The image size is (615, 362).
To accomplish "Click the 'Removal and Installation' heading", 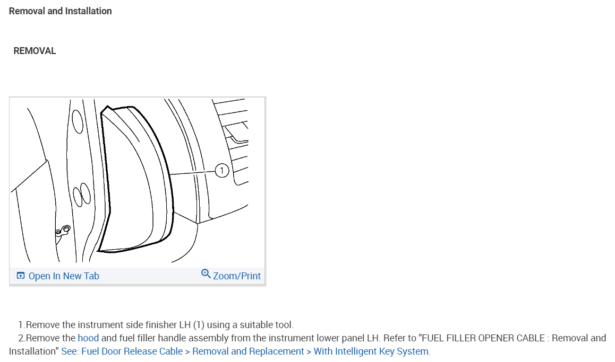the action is tap(61, 11).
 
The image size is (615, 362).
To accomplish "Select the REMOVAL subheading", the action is tap(35, 51).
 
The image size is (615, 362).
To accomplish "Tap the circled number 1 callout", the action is tap(222, 171).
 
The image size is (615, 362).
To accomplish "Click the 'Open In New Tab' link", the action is tap(64, 276).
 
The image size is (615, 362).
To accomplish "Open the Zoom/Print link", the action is tap(236, 276).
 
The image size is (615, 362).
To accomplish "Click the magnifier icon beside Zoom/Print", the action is tap(206, 273).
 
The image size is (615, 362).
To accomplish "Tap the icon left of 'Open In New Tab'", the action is tap(21, 276).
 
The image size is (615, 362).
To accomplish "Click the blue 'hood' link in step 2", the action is tap(88, 338).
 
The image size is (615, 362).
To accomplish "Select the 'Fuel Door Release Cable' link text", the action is tap(132, 351).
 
